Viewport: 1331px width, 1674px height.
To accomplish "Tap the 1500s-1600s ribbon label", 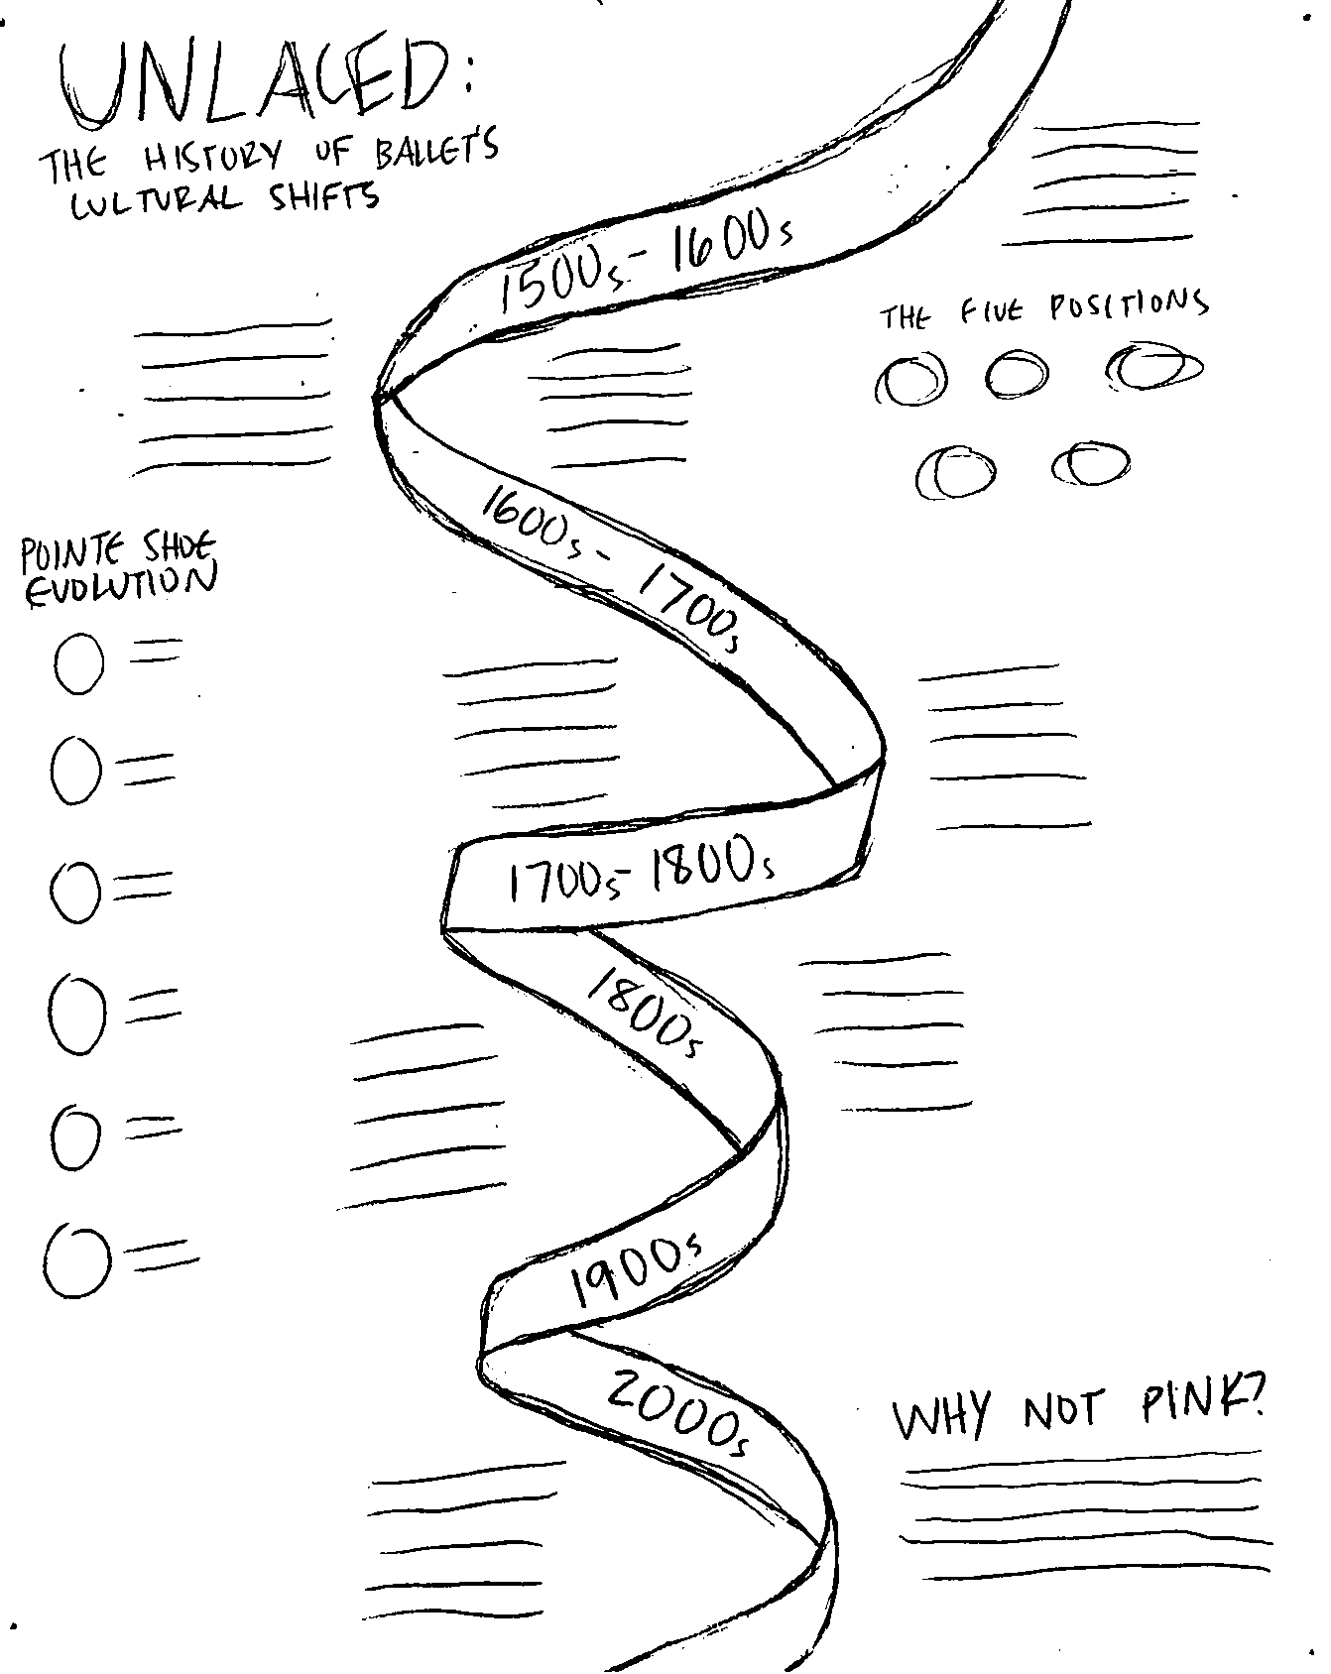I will (645, 260).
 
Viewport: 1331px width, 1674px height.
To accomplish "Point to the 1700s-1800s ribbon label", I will (640, 873).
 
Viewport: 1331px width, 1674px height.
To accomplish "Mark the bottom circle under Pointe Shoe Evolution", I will (75, 1260).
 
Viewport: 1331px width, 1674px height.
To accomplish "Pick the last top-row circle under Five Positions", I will (1153, 367).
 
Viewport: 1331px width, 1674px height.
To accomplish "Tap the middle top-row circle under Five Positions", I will (1016, 374).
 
